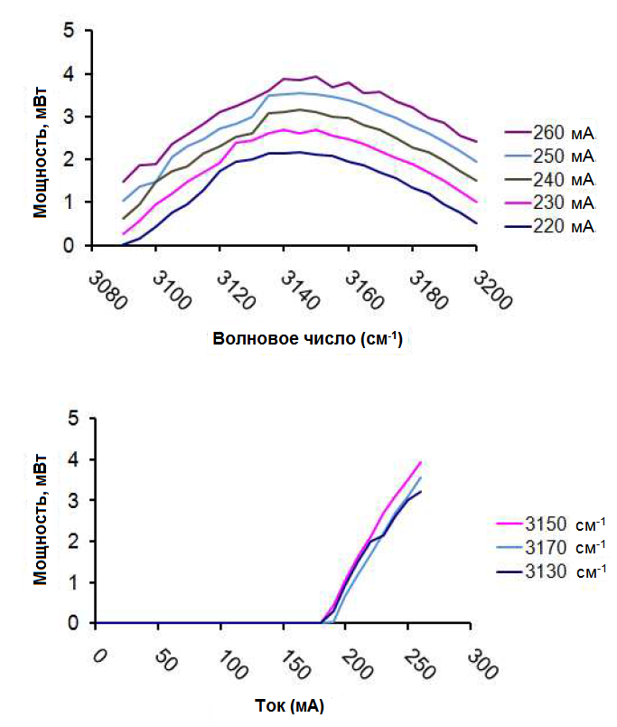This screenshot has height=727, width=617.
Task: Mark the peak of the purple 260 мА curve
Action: pyautogui.click(x=315, y=77)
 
